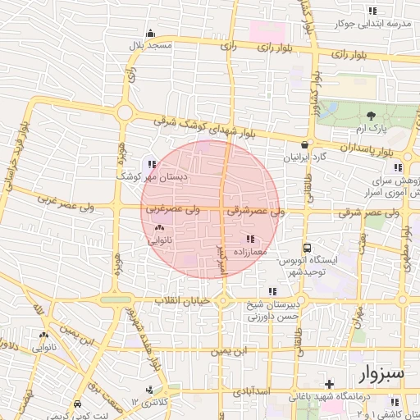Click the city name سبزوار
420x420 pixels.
click(382, 374)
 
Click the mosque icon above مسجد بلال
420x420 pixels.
click(150, 34)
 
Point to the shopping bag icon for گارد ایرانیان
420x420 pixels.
click(305, 144)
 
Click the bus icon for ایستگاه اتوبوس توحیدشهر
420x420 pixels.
click(307, 247)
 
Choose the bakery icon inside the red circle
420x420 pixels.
click(158, 229)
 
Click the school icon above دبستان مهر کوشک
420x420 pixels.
click(151, 164)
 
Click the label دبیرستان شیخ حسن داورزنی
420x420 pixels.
click(276, 309)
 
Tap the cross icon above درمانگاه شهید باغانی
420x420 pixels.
click(329, 383)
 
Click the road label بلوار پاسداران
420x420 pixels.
click(358, 149)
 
